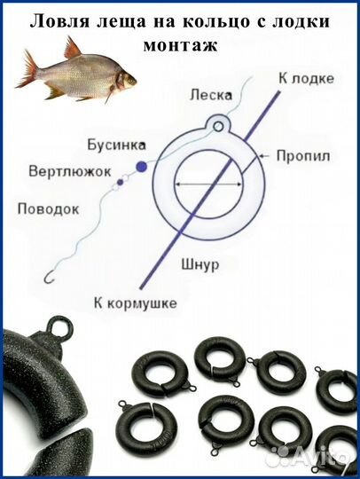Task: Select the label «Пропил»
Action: (x=303, y=155)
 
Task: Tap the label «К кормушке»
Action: (x=135, y=302)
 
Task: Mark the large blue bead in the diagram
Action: (x=140, y=166)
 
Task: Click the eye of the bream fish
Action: (x=123, y=78)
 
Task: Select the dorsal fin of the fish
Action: (x=73, y=47)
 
